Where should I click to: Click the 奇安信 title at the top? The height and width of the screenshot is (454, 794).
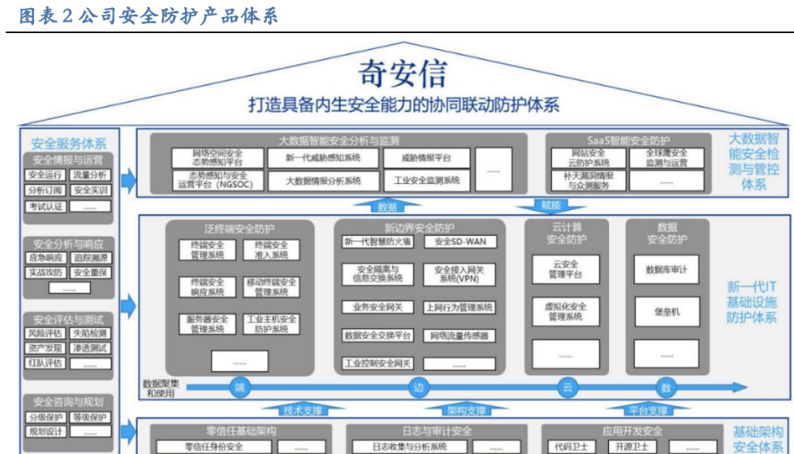pos(401,71)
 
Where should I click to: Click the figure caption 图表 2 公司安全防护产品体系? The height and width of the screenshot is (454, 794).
pos(148,15)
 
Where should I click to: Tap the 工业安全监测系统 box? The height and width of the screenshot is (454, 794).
pos(426,181)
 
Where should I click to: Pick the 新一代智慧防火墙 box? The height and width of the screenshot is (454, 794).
pos(377,241)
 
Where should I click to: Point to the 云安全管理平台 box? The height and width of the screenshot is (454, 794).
pos(565,269)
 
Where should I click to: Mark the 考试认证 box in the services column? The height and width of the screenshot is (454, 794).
pos(46,206)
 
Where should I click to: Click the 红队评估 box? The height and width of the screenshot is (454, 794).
pos(46,363)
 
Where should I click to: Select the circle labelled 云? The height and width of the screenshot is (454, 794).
pos(566,388)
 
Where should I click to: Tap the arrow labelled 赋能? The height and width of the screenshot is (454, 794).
pos(551,206)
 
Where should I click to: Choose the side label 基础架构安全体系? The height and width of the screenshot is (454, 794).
pos(758,439)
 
